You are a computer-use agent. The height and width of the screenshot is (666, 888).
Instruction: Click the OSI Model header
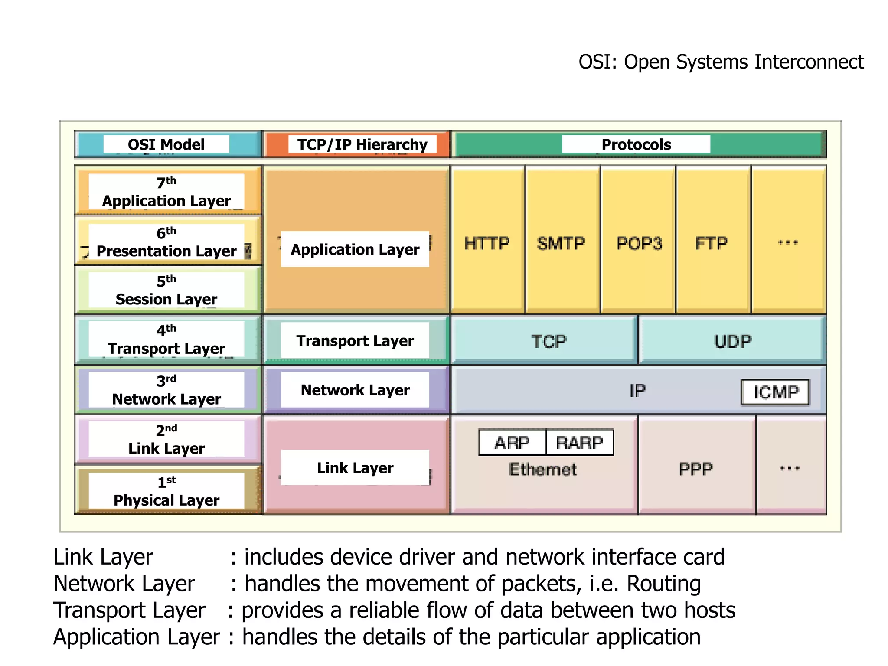166,144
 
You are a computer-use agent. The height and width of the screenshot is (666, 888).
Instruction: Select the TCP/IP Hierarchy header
362,144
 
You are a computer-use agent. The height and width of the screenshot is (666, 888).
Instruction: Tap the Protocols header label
636,144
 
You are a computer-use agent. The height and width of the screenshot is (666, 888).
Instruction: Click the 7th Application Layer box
166,192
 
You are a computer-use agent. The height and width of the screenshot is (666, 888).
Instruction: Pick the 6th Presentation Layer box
166,242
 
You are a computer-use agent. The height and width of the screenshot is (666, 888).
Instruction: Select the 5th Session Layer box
166,290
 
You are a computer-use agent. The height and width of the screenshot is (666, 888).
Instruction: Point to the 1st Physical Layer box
166,491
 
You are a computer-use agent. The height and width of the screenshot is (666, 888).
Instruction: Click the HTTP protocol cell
487,243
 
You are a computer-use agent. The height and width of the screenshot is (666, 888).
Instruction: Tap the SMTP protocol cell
561,243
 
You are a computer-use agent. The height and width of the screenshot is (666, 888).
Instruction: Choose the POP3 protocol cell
639,243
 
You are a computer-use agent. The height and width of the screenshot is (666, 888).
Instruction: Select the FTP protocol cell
712,243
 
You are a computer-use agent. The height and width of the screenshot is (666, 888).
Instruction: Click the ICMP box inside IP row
775,392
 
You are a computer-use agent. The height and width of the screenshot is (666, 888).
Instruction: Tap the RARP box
580,443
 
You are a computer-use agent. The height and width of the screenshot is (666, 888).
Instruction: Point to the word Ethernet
543,470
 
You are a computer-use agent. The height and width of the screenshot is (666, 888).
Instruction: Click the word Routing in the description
664,584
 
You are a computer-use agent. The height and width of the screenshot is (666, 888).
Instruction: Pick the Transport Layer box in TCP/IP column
355,341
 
